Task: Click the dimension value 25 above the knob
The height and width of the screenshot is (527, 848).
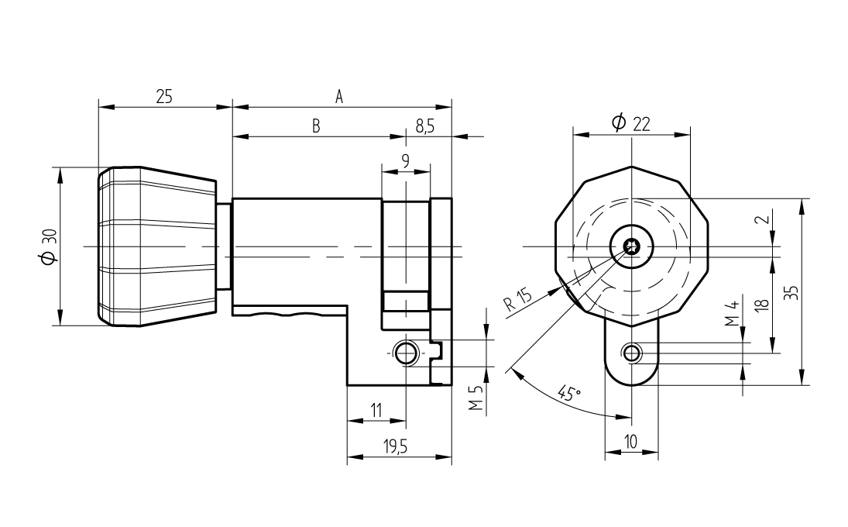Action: tap(164, 97)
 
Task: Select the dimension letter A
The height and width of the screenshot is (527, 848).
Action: tap(339, 97)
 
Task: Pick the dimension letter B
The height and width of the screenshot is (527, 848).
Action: tap(317, 126)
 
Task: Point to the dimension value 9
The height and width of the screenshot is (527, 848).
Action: tap(406, 160)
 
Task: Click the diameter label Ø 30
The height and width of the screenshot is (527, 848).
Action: tap(49, 246)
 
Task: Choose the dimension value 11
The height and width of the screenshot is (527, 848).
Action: tap(376, 410)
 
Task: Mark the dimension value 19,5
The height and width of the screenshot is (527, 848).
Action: tap(395, 447)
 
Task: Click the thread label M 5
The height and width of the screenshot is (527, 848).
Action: tap(475, 398)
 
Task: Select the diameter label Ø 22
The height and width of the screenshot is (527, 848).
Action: tap(630, 123)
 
